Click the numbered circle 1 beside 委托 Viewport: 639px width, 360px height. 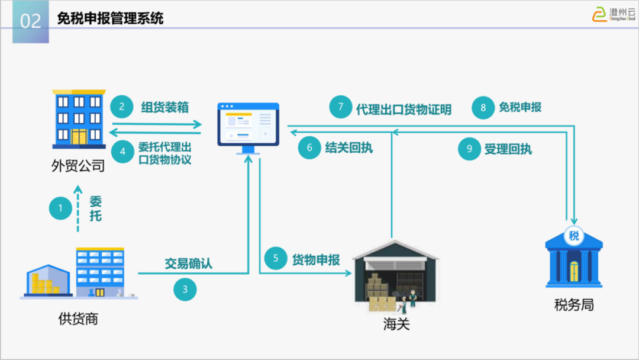(60, 208)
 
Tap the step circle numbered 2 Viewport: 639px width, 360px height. (122, 107)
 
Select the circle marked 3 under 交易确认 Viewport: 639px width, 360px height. (185, 289)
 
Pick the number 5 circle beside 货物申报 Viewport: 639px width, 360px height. (275, 259)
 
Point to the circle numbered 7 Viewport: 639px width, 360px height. (341, 107)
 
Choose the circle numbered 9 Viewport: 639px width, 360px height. (470, 149)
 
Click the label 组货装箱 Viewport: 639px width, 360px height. (164, 107)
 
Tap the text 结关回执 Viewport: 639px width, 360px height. (349, 147)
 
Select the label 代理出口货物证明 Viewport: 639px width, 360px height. (404, 109)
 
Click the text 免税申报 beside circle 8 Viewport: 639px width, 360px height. (520, 107)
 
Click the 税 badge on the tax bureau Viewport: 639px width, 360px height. (573, 235)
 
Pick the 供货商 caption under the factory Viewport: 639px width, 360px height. (78, 319)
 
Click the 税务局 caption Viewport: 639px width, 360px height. (573, 306)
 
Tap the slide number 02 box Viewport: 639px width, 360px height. (31, 21)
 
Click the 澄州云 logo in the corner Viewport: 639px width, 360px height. (613, 14)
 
